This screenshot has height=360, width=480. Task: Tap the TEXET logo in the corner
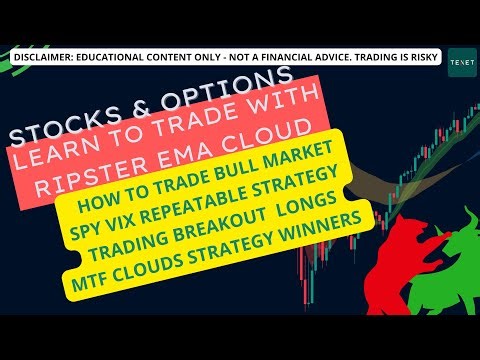click(461, 58)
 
